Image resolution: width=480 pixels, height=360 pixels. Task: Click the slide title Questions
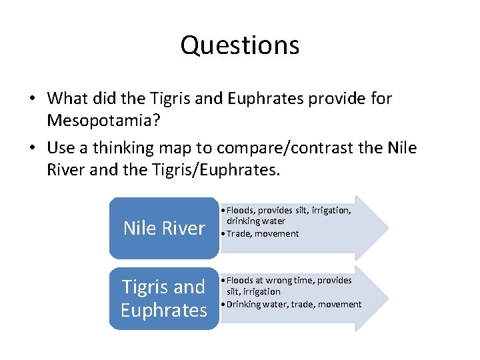pos(239,45)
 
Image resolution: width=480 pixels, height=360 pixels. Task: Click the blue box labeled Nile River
pos(164,228)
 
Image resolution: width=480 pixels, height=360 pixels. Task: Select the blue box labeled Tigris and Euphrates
pos(164,298)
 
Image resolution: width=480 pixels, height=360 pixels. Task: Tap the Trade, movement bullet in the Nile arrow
pos(263,233)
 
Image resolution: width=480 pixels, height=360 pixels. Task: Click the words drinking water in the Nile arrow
pos(256,221)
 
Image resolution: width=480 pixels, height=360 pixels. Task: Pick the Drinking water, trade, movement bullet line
pos(294,304)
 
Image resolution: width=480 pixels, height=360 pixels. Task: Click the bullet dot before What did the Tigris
pos(32,99)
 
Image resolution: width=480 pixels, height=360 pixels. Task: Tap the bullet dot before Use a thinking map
pos(32,148)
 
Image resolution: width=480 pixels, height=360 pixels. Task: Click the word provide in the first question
pos(346,99)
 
